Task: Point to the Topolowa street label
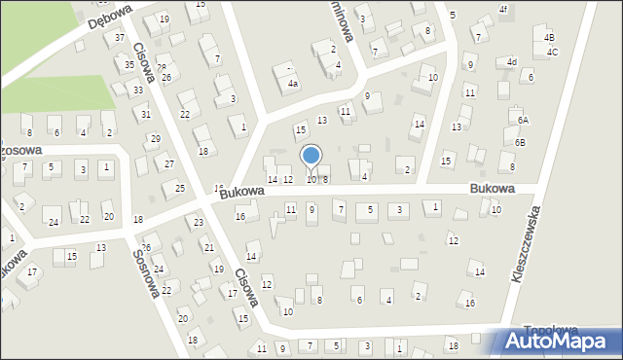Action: (551, 331)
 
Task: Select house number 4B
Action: (550, 38)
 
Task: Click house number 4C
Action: (552, 52)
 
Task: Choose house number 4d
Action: (512, 62)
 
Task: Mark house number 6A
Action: (523, 120)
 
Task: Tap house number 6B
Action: (520, 143)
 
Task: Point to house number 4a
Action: (292, 85)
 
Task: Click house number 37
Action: (120, 38)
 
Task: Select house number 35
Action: (129, 65)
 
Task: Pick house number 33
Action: (138, 90)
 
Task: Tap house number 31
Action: (145, 115)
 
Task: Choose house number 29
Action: (155, 139)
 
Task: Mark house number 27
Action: (168, 163)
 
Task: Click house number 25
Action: (179, 187)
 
